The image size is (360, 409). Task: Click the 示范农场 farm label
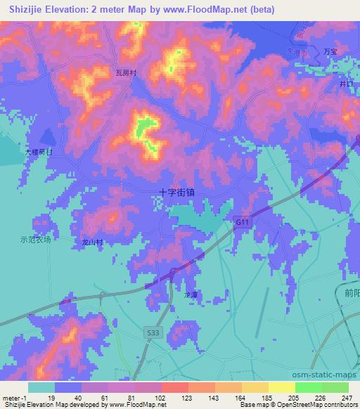(35, 239)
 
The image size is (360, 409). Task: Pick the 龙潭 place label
(190, 295)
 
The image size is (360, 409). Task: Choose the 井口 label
(347, 84)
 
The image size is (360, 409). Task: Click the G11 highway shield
(242, 222)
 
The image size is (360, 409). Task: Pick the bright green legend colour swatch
(309, 387)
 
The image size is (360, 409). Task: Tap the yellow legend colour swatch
(282, 387)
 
